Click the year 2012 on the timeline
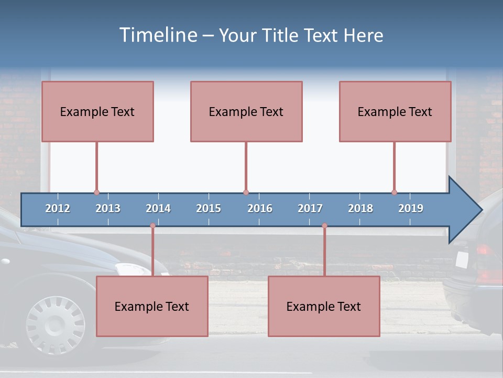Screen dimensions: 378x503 pyautogui.click(x=58, y=208)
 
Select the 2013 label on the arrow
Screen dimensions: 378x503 pyautogui.click(x=108, y=208)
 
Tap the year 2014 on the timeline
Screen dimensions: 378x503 pyautogui.click(x=158, y=208)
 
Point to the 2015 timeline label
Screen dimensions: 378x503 pyautogui.click(x=209, y=208)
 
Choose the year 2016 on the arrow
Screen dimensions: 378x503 pyautogui.click(x=260, y=208)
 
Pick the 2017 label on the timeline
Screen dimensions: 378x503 pyautogui.click(x=310, y=208)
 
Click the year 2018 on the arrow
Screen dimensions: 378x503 pyautogui.click(x=360, y=208)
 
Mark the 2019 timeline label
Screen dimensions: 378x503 pyautogui.click(x=411, y=208)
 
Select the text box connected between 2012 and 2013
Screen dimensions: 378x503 pyautogui.click(x=97, y=111)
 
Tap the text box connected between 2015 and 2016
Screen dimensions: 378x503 pyautogui.click(x=246, y=111)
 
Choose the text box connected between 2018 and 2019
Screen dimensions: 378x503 pyautogui.click(x=395, y=111)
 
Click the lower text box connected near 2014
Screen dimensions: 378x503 pyautogui.click(x=152, y=306)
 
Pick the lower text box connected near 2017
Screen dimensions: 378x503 pyautogui.click(x=324, y=306)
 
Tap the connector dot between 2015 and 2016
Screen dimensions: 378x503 pyautogui.click(x=246, y=192)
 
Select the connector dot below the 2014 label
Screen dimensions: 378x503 pyautogui.click(x=152, y=226)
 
